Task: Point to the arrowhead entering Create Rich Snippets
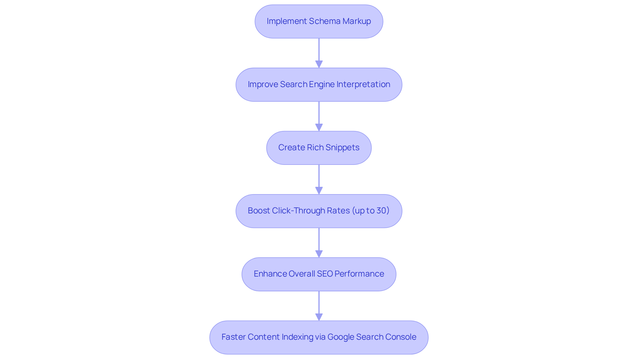tap(319, 127)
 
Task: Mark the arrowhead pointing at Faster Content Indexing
tap(319, 317)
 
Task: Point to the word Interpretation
tap(363, 84)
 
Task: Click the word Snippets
tap(342, 148)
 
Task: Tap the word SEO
tap(325, 274)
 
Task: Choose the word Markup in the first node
tap(357, 21)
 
